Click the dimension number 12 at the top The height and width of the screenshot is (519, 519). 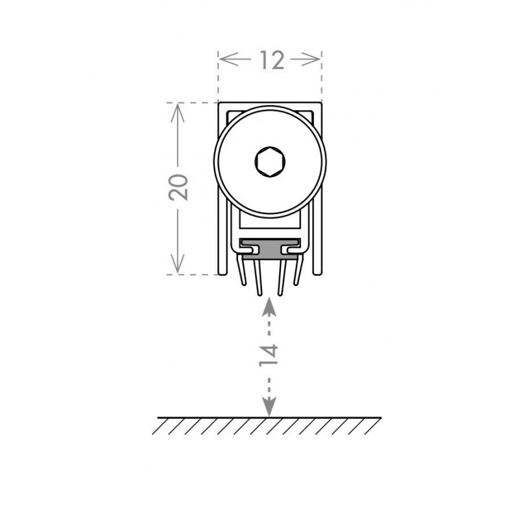tap(272, 60)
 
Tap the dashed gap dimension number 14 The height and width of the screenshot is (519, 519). tap(269, 355)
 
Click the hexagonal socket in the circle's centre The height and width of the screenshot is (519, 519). tap(270, 161)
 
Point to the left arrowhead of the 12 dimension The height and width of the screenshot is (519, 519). tap(228, 60)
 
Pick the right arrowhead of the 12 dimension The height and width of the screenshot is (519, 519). tap(311, 60)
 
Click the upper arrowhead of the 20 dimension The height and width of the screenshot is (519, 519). tap(177, 112)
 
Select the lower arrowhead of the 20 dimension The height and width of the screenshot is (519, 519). tap(178, 263)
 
